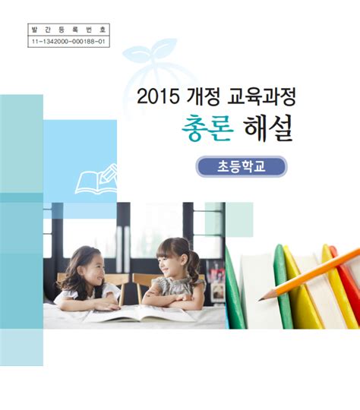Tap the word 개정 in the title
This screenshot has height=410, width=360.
click(202, 98)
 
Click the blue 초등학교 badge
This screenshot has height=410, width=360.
click(242, 166)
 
